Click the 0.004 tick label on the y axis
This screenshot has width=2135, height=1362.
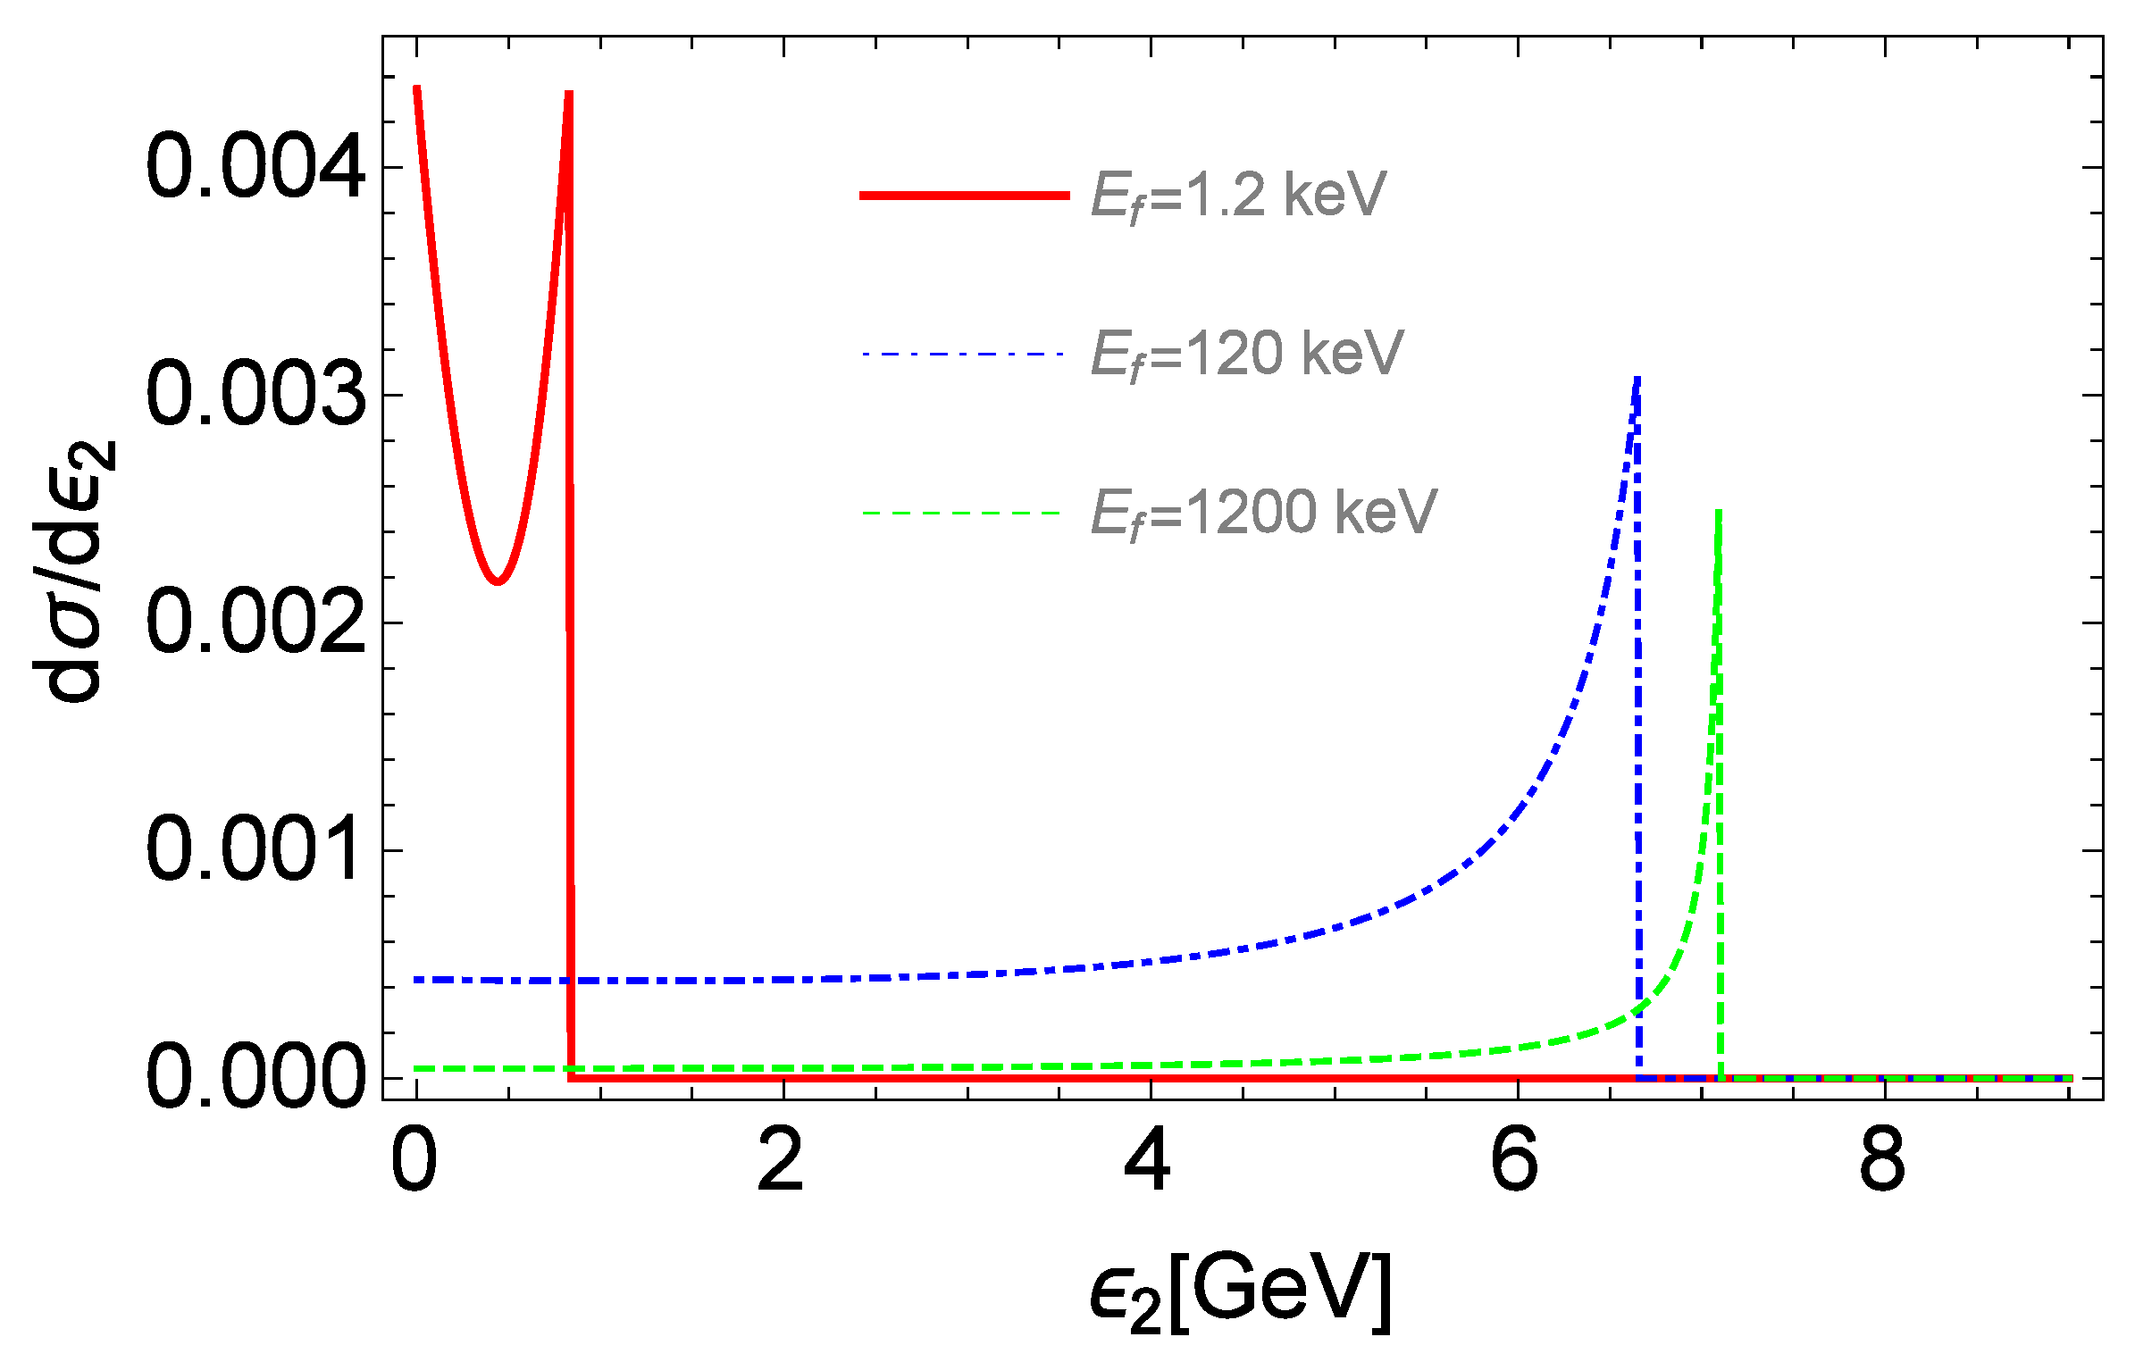[x=255, y=167]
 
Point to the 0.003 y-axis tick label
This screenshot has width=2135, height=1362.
[x=255, y=395]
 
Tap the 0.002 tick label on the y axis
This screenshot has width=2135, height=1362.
[x=255, y=623]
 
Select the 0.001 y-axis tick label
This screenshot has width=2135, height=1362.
[x=255, y=850]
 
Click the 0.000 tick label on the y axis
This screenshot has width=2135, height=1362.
[x=255, y=1078]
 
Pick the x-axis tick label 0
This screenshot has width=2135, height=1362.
[x=414, y=1160]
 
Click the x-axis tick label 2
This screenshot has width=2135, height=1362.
[x=782, y=1160]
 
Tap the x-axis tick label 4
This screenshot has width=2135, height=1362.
[x=1149, y=1160]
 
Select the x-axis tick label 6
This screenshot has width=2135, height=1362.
[x=1516, y=1160]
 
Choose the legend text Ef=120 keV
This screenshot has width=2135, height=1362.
[x=1247, y=355]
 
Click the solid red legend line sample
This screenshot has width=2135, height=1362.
[x=964, y=196]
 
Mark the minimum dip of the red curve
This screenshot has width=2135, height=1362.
[x=498, y=581]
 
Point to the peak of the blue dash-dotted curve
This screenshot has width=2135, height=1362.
[x=1637, y=380]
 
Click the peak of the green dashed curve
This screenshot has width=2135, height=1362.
[x=1719, y=512]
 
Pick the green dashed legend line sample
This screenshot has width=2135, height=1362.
[x=961, y=514]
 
